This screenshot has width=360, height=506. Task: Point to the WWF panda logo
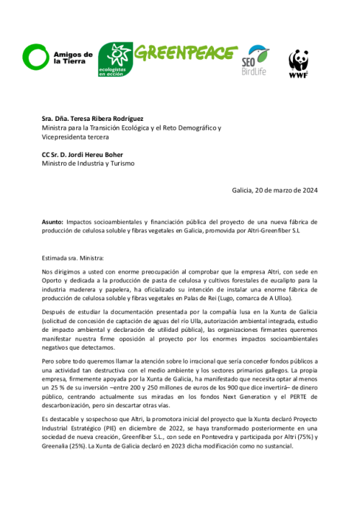pos(299,63)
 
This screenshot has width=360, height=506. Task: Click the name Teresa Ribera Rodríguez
pos(108,119)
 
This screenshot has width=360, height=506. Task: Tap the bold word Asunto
pos(53,222)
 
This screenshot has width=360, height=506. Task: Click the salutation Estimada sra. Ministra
pos(73,257)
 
